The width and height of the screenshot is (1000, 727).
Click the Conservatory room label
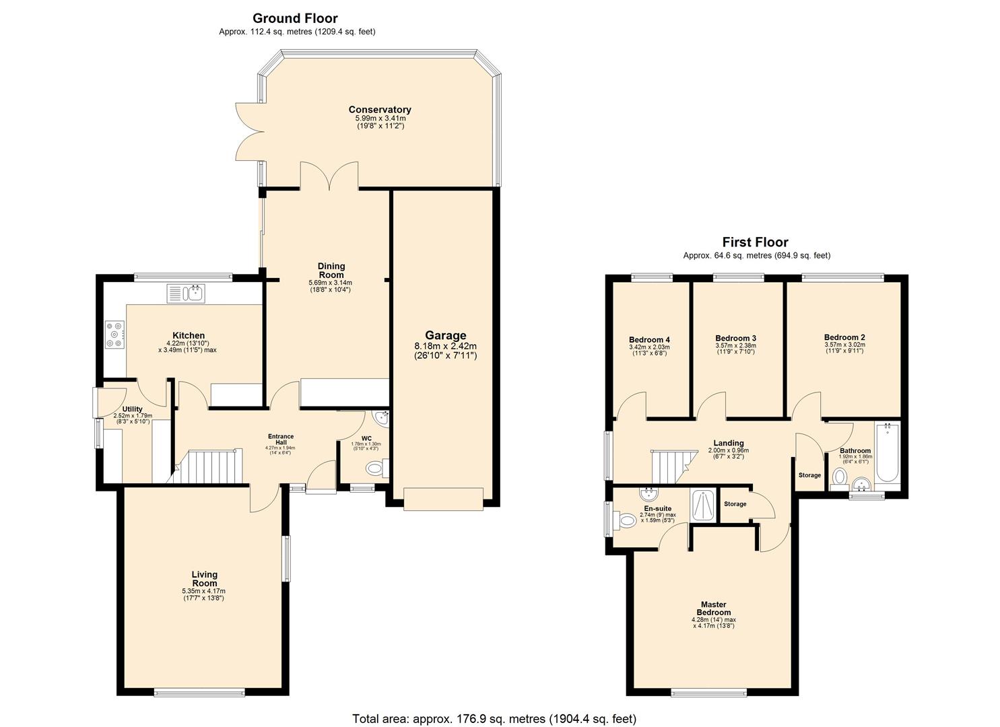(x=380, y=110)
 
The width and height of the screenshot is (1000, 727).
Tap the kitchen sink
(x=187, y=293)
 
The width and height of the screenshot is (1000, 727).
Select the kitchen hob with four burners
(x=115, y=335)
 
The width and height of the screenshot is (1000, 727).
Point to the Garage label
(x=445, y=335)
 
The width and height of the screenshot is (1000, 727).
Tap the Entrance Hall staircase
(x=208, y=466)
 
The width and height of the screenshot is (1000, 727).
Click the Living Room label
(x=204, y=579)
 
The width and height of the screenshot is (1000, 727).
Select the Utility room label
(x=132, y=409)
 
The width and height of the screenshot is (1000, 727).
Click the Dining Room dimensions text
(x=330, y=286)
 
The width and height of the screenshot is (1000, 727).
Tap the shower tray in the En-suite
(x=704, y=505)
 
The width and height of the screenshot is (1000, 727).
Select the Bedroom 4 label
(x=649, y=340)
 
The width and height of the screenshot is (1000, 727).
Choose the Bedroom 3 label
(x=735, y=338)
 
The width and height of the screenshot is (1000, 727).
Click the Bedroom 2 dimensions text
(x=844, y=348)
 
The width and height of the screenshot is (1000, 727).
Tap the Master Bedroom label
(x=713, y=609)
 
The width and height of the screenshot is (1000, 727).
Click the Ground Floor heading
(x=295, y=18)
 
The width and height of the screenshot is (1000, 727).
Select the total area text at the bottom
(x=494, y=719)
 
